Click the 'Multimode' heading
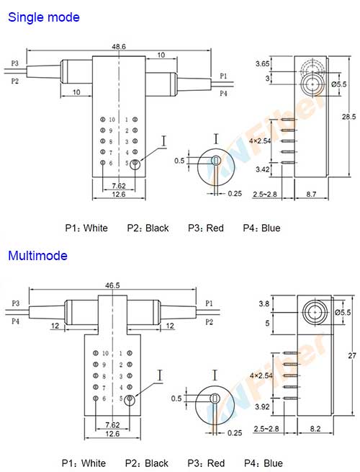click(37, 256)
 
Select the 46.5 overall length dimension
click(112, 286)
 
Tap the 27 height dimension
click(349, 355)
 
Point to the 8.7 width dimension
click(312, 195)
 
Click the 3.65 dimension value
click(262, 64)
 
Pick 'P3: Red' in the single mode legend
click(205, 228)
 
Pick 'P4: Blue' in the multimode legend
click(263, 463)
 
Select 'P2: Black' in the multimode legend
click(148, 463)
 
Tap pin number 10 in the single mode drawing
click(112, 119)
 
